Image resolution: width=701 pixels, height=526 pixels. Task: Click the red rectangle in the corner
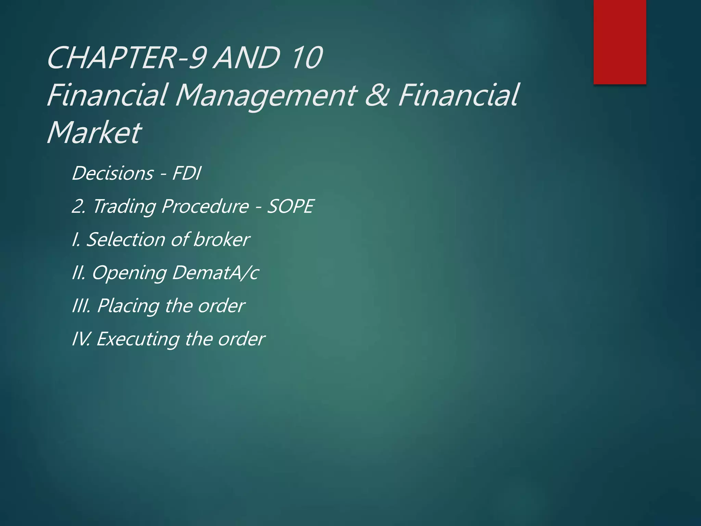pyautogui.click(x=620, y=42)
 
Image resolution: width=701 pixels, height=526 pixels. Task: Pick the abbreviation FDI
pyautogui.click(x=187, y=173)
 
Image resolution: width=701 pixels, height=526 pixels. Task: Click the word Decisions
pyautogui.click(x=113, y=173)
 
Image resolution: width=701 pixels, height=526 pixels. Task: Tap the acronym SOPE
pyautogui.click(x=290, y=206)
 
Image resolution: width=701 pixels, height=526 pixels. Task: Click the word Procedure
pyautogui.click(x=205, y=206)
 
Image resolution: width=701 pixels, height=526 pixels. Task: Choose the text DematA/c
pyautogui.click(x=215, y=273)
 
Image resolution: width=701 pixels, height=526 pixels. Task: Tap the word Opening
pyautogui.click(x=129, y=273)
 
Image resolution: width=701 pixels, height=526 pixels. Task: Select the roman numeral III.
pyautogui.click(x=81, y=305)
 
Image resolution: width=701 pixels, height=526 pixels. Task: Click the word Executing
pyautogui.click(x=138, y=339)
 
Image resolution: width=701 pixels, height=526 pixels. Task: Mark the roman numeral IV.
pyautogui.click(x=80, y=339)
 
